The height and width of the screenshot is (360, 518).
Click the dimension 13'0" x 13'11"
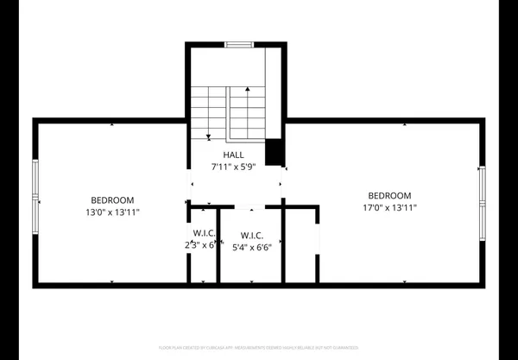click(x=113, y=211)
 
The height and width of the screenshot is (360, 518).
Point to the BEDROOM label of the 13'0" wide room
click(x=113, y=198)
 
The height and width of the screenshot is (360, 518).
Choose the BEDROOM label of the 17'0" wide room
click(x=389, y=195)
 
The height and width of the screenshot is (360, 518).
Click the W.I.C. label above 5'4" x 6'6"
click(x=251, y=236)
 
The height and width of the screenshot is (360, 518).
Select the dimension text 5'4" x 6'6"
click(x=251, y=247)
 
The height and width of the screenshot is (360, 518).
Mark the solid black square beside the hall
click(x=274, y=151)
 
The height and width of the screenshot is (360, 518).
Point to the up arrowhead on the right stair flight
click(x=249, y=88)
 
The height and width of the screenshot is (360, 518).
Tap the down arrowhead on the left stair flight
click(x=208, y=136)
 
